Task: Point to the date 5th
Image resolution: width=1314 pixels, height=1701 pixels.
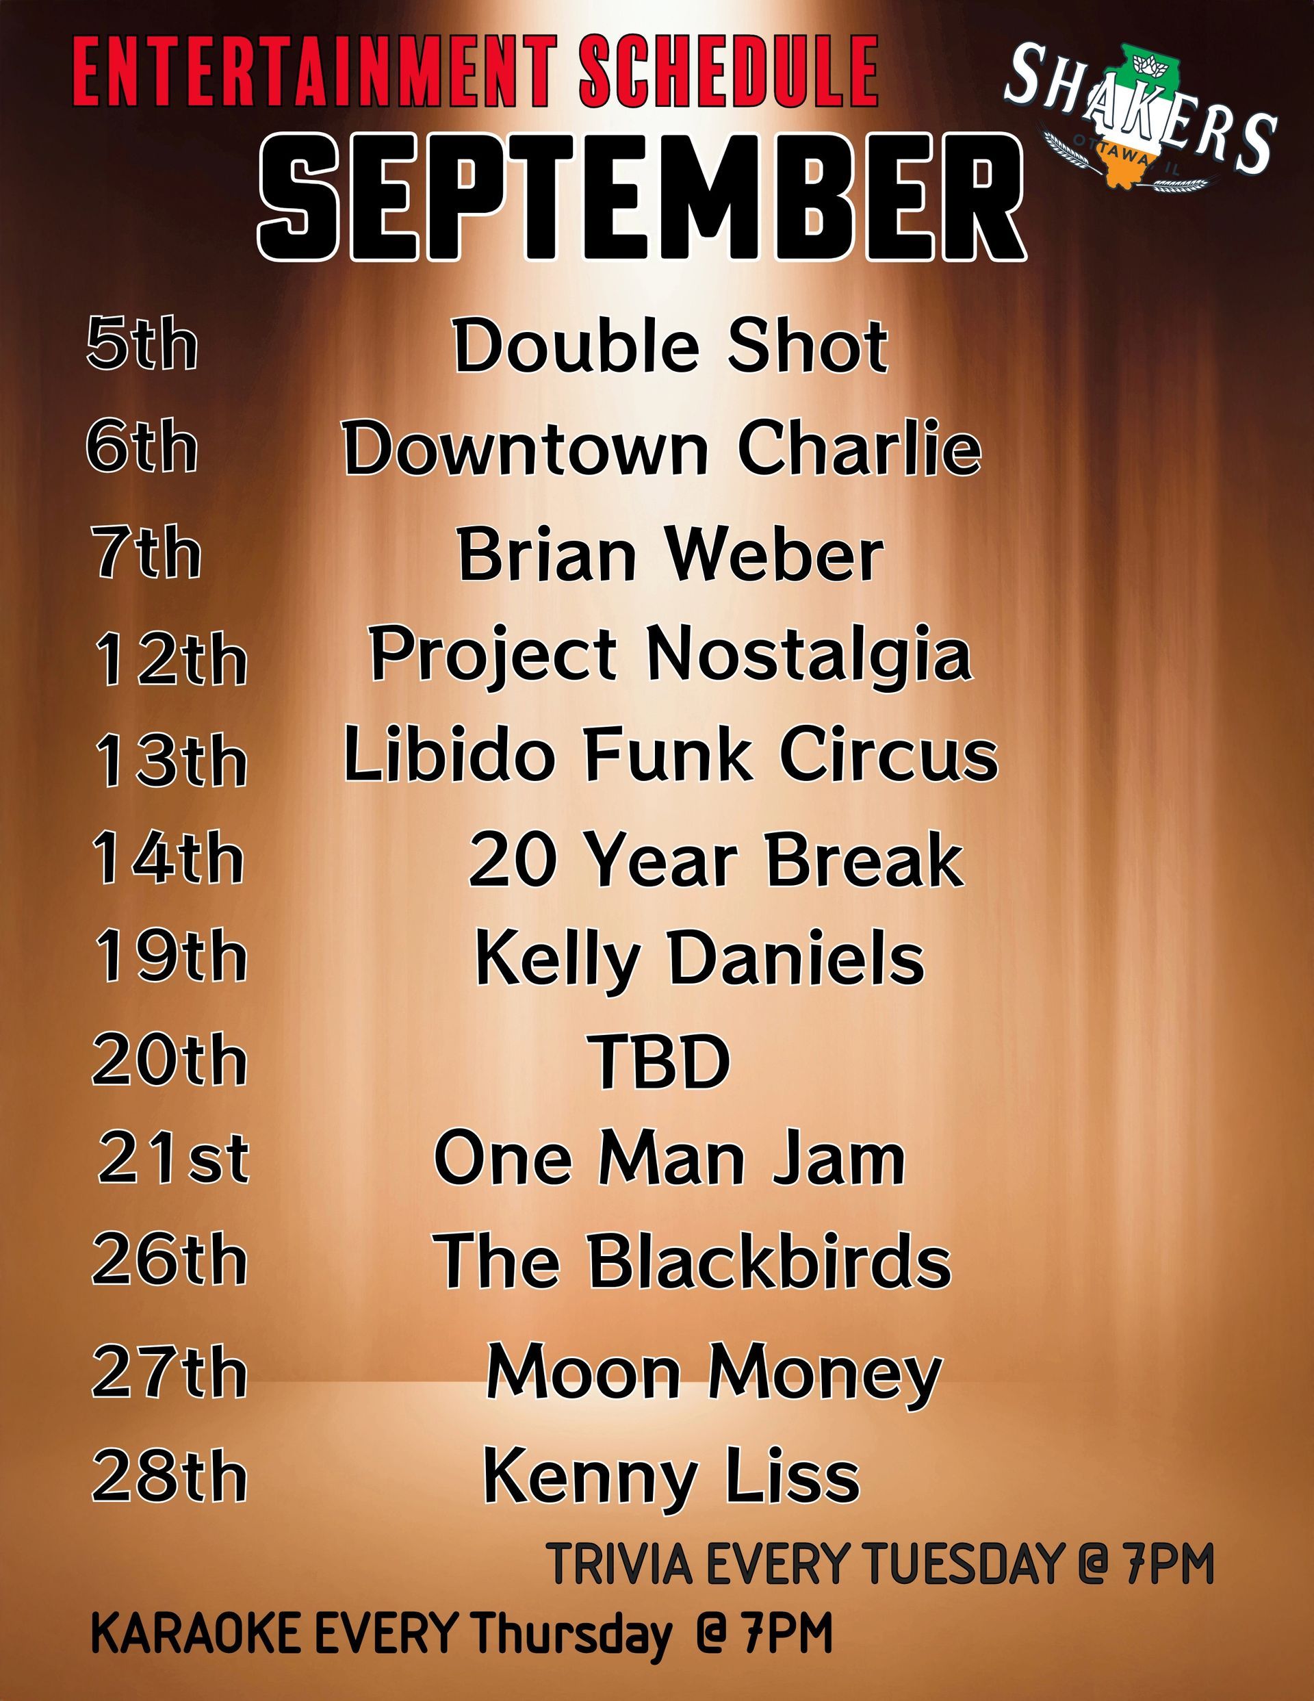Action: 142,343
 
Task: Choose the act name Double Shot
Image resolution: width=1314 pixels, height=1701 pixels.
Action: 671,345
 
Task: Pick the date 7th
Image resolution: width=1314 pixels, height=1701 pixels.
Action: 146,552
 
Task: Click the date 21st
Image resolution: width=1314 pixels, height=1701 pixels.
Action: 173,1158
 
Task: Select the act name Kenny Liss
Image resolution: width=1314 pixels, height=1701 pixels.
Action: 671,1476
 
